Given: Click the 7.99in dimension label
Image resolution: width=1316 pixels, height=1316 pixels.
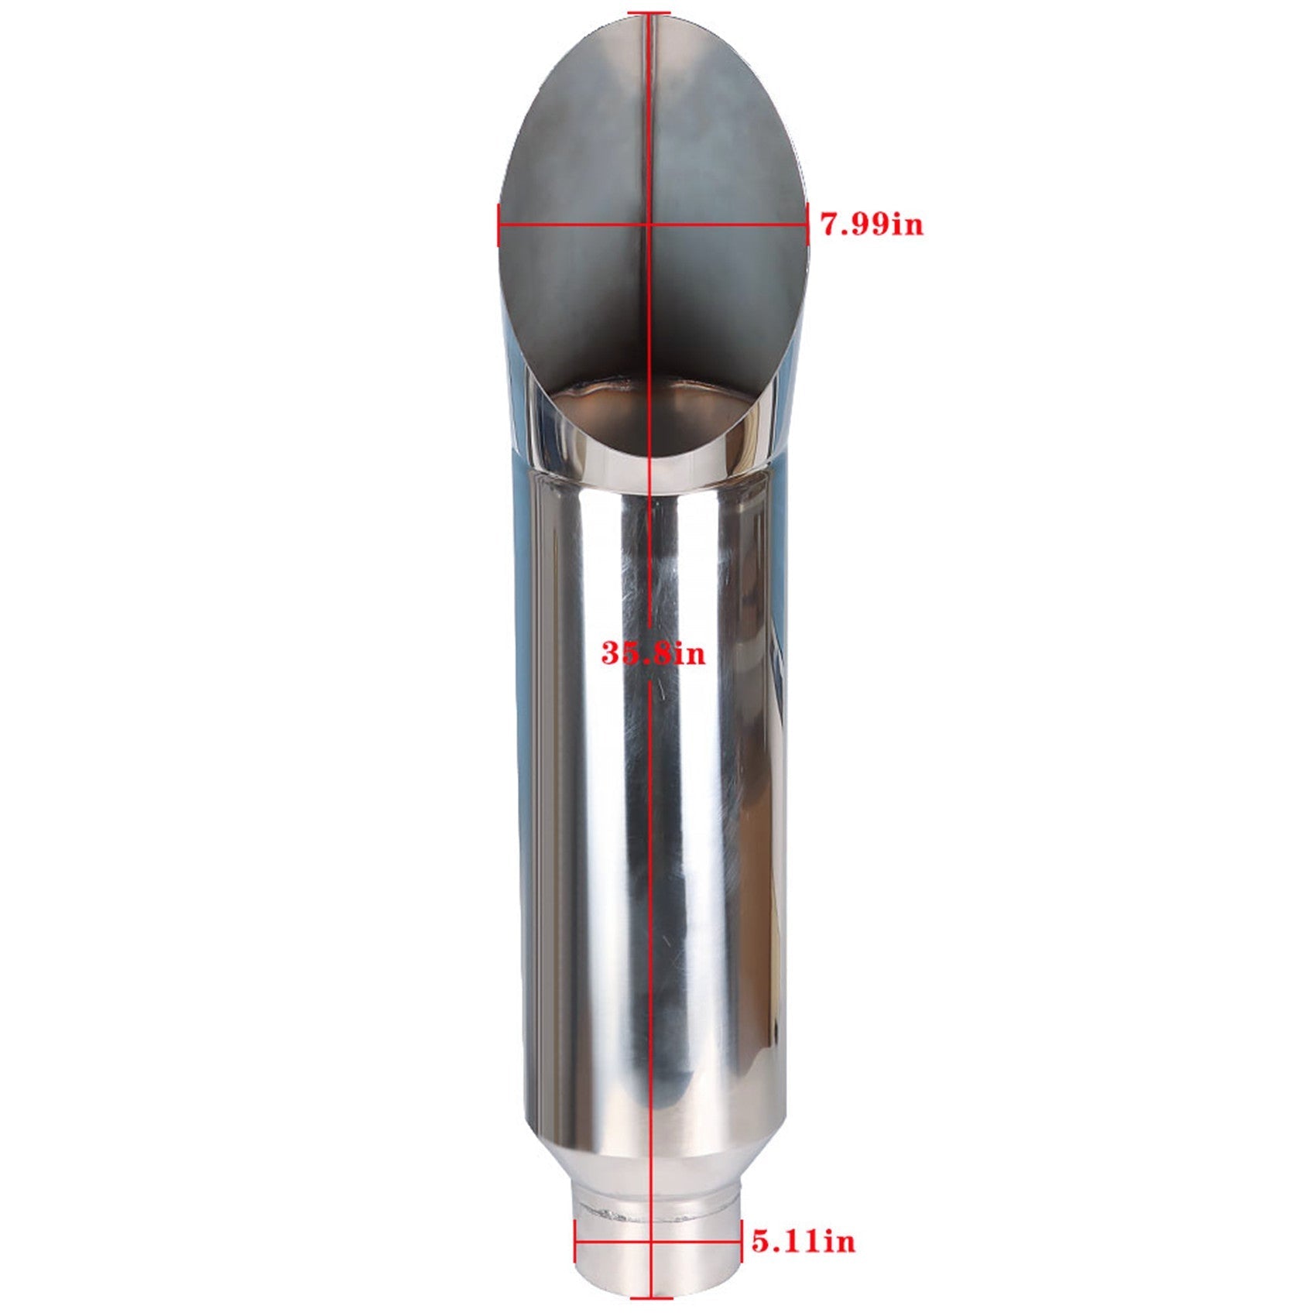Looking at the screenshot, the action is tap(872, 225).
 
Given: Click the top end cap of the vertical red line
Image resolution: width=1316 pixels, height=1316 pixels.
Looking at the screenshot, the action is tap(649, 12).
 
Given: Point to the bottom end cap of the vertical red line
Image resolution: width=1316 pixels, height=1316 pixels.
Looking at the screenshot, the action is tap(651, 1297).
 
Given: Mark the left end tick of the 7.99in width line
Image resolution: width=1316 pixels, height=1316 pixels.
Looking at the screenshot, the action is tap(497, 224).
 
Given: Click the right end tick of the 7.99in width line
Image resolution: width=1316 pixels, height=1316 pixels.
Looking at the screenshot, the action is tap(808, 224).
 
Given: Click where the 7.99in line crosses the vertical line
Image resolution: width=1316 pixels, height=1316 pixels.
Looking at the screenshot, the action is tap(649, 224).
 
